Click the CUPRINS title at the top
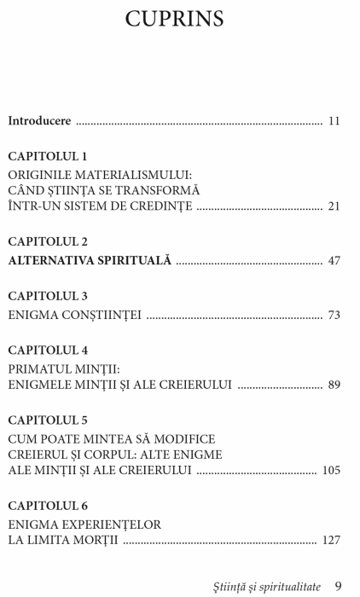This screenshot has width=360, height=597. (179, 20)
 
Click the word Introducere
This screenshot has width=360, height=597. (39, 121)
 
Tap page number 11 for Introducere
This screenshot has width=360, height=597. (334, 121)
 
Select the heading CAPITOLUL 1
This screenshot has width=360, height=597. (48, 156)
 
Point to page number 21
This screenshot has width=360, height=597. (334, 206)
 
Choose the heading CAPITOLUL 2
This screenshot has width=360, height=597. (48, 241)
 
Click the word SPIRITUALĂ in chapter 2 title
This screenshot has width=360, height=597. (136, 260)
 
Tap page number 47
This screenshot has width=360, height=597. (334, 260)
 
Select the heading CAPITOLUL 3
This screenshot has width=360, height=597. (48, 296)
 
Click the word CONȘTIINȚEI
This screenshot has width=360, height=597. (100, 315)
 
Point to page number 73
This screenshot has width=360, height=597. (334, 315)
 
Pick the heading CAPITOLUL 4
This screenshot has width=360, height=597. (48, 350)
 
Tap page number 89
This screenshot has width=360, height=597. (334, 385)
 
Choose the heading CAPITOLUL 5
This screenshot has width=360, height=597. (48, 420)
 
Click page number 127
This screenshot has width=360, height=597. (331, 540)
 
